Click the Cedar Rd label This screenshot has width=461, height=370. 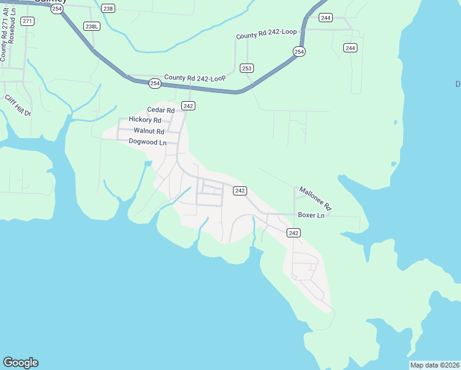161,110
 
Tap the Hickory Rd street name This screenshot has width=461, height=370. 145,120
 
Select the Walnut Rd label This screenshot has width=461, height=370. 149,131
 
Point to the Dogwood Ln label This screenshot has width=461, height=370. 148,142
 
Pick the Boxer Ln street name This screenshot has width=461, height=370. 311,215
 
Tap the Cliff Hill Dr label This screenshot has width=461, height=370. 18,105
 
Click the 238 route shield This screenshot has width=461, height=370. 108,8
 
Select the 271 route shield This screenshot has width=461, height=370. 27,21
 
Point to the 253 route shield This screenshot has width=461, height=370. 247,68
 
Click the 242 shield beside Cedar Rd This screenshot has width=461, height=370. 189,106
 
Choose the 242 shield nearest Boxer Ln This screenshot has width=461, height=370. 293,232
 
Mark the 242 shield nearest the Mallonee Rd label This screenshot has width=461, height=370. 240,191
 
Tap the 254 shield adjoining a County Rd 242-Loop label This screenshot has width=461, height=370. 155,83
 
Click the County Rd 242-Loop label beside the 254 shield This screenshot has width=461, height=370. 195,78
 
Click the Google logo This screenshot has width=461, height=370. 20,363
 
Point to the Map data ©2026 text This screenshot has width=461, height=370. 434,365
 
